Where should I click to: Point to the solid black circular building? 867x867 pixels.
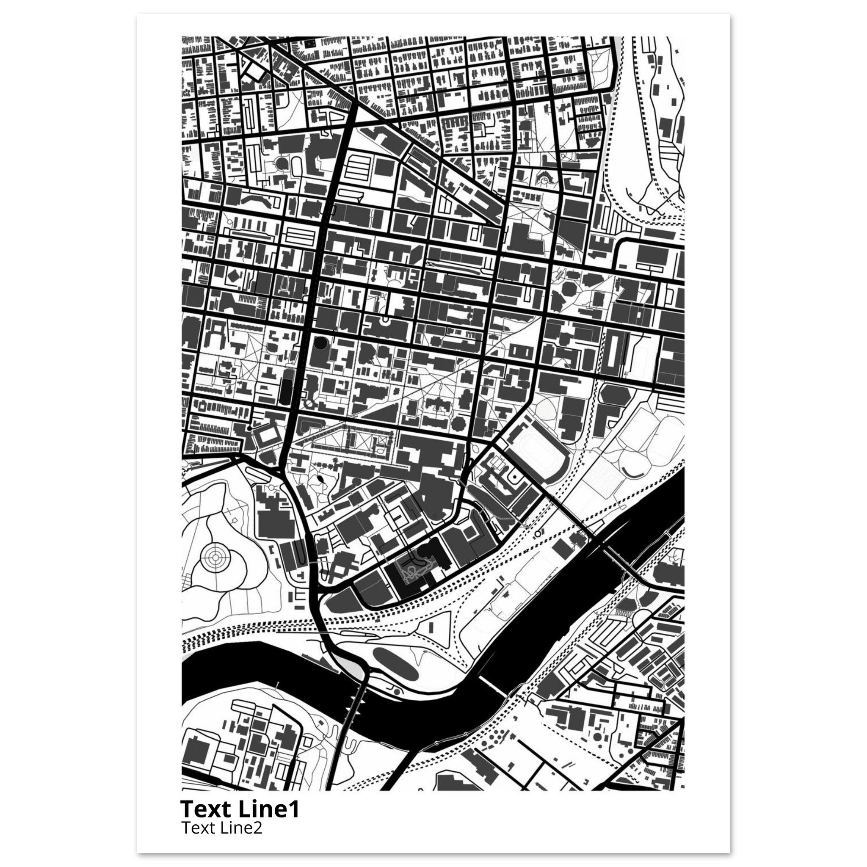[320, 343]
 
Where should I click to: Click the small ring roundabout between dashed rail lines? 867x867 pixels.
[538, 534]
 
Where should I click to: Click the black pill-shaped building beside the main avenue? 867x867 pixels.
[285, 387]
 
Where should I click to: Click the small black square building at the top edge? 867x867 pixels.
[309, 44]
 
